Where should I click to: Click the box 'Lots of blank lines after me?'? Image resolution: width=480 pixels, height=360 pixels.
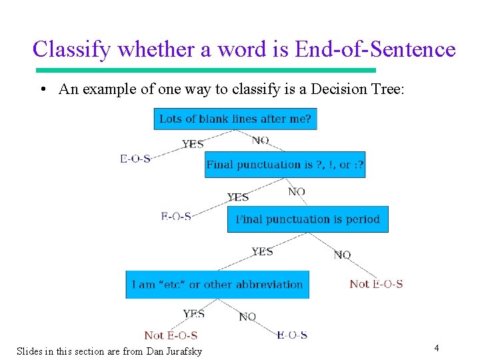pos(235,119)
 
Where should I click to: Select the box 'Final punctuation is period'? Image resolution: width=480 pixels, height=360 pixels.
pos(307,219)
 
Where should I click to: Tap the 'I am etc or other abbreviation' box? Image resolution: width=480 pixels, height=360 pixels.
pos(217,285)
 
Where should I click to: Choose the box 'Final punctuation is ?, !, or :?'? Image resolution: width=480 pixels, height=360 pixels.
pos(285,165)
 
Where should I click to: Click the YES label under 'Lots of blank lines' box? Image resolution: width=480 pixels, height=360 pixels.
pos(193,144)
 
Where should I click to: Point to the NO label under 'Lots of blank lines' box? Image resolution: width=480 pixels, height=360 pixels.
pos(261,140)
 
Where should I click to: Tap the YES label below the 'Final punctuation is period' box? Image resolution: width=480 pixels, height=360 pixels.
pos(262,251)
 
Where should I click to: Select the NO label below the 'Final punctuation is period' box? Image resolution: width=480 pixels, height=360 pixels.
pos(342,255)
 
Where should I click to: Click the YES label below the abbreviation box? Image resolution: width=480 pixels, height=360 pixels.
pos(194,313)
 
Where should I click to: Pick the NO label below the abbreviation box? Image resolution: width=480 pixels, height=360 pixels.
pos(247,317)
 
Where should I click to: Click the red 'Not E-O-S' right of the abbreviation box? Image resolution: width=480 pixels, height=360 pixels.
pos(376,284)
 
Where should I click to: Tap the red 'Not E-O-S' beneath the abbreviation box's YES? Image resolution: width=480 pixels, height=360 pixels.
pos(171,335)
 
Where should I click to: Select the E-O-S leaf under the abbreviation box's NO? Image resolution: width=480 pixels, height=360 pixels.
pos(292,335)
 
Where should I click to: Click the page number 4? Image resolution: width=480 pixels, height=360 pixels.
pos(436,347)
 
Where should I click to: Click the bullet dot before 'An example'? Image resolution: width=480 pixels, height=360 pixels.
pos(42,90)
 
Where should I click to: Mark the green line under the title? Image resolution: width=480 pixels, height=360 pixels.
pos(205,70)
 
